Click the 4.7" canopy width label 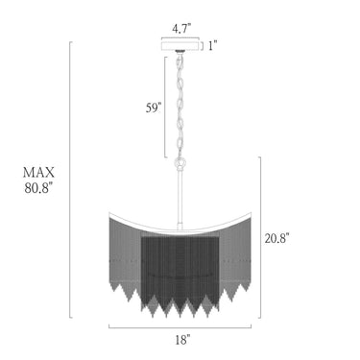[181, 29]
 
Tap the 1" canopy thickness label [212, 46]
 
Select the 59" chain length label [153, 108]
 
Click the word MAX [38, 173]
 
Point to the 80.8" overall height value [38, 188]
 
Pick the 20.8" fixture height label [276, 238]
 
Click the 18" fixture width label [182, 340]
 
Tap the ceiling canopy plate [180, 45]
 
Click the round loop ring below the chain [180, 164]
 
